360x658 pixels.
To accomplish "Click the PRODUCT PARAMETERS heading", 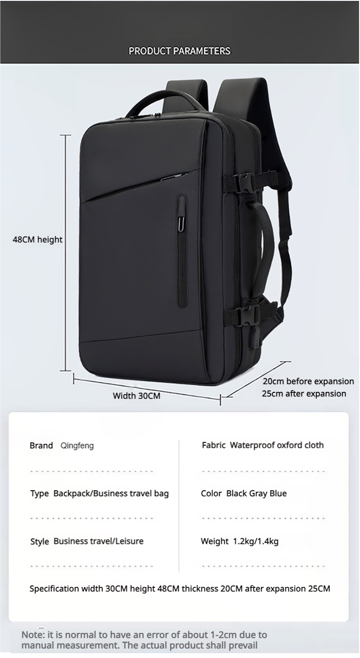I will click(x=180, y=51).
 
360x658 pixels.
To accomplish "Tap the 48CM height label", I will click(x=37, y=240).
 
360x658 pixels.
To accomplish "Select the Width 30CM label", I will click(x=137, y=396).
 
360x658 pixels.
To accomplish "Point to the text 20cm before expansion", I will click(x=308, y=381).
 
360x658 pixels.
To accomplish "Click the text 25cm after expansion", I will click(x=304, y=394).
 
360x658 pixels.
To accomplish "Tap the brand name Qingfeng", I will click(x=77, y=446).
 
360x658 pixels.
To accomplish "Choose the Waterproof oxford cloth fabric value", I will click(x=277, y=445).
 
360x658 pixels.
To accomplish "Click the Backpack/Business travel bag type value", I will click(x=111, y=493).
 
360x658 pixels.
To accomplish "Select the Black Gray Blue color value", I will click(x=256, y=493).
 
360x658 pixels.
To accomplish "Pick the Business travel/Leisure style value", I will click(x=98, y=541).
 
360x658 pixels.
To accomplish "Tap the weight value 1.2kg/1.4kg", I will click(x=255, y=541).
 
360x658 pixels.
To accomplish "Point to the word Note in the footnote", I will click(x=31, y=635).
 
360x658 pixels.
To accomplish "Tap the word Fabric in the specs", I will click(x=213, y=445).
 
